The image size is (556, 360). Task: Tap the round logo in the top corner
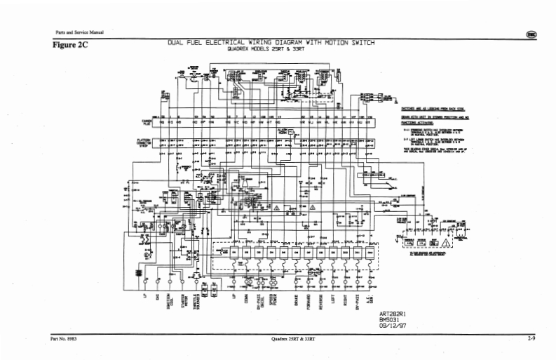click(532, 35)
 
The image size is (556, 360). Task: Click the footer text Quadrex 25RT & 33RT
click(292, 340)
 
